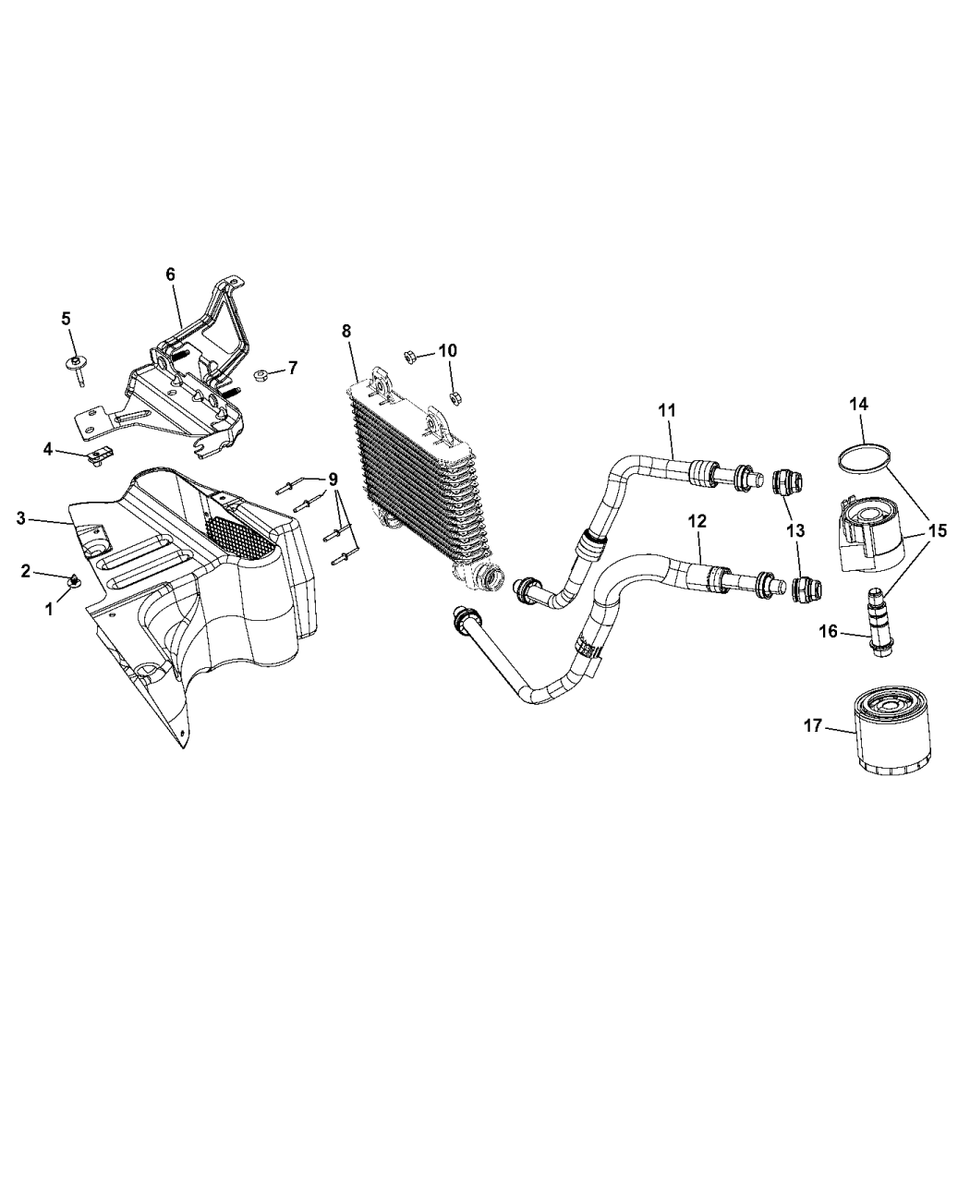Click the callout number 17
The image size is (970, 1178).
813,725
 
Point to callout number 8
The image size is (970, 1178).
346,331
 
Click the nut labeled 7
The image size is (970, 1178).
261,374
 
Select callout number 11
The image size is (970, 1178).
666,410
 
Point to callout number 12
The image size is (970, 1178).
697,521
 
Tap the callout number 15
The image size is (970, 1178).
938,531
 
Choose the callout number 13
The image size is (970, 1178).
796,531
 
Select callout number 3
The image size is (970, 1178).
21,518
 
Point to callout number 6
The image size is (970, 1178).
170,274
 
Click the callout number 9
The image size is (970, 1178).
333,480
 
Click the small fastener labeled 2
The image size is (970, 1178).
74,579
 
